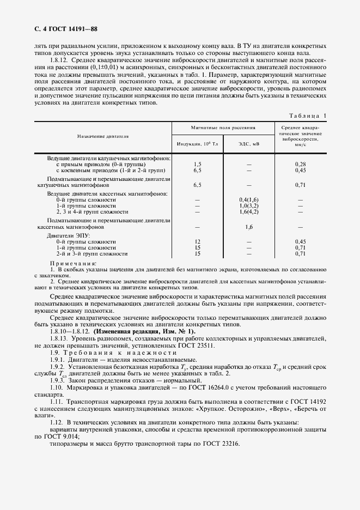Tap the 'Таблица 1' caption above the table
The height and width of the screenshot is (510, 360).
pos(308,116)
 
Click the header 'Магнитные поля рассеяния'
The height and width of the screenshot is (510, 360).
pos(223,127)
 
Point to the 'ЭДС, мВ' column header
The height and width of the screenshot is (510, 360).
pos(248,144)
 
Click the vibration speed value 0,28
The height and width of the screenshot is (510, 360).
pos(300,164)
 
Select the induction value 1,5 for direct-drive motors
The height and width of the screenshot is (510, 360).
pos(198,164)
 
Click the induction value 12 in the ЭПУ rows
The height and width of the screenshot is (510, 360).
pos(198,241)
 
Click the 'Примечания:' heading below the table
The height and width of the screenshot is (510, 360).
pos(72,263)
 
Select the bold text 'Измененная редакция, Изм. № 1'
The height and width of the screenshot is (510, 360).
pos(144,331)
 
